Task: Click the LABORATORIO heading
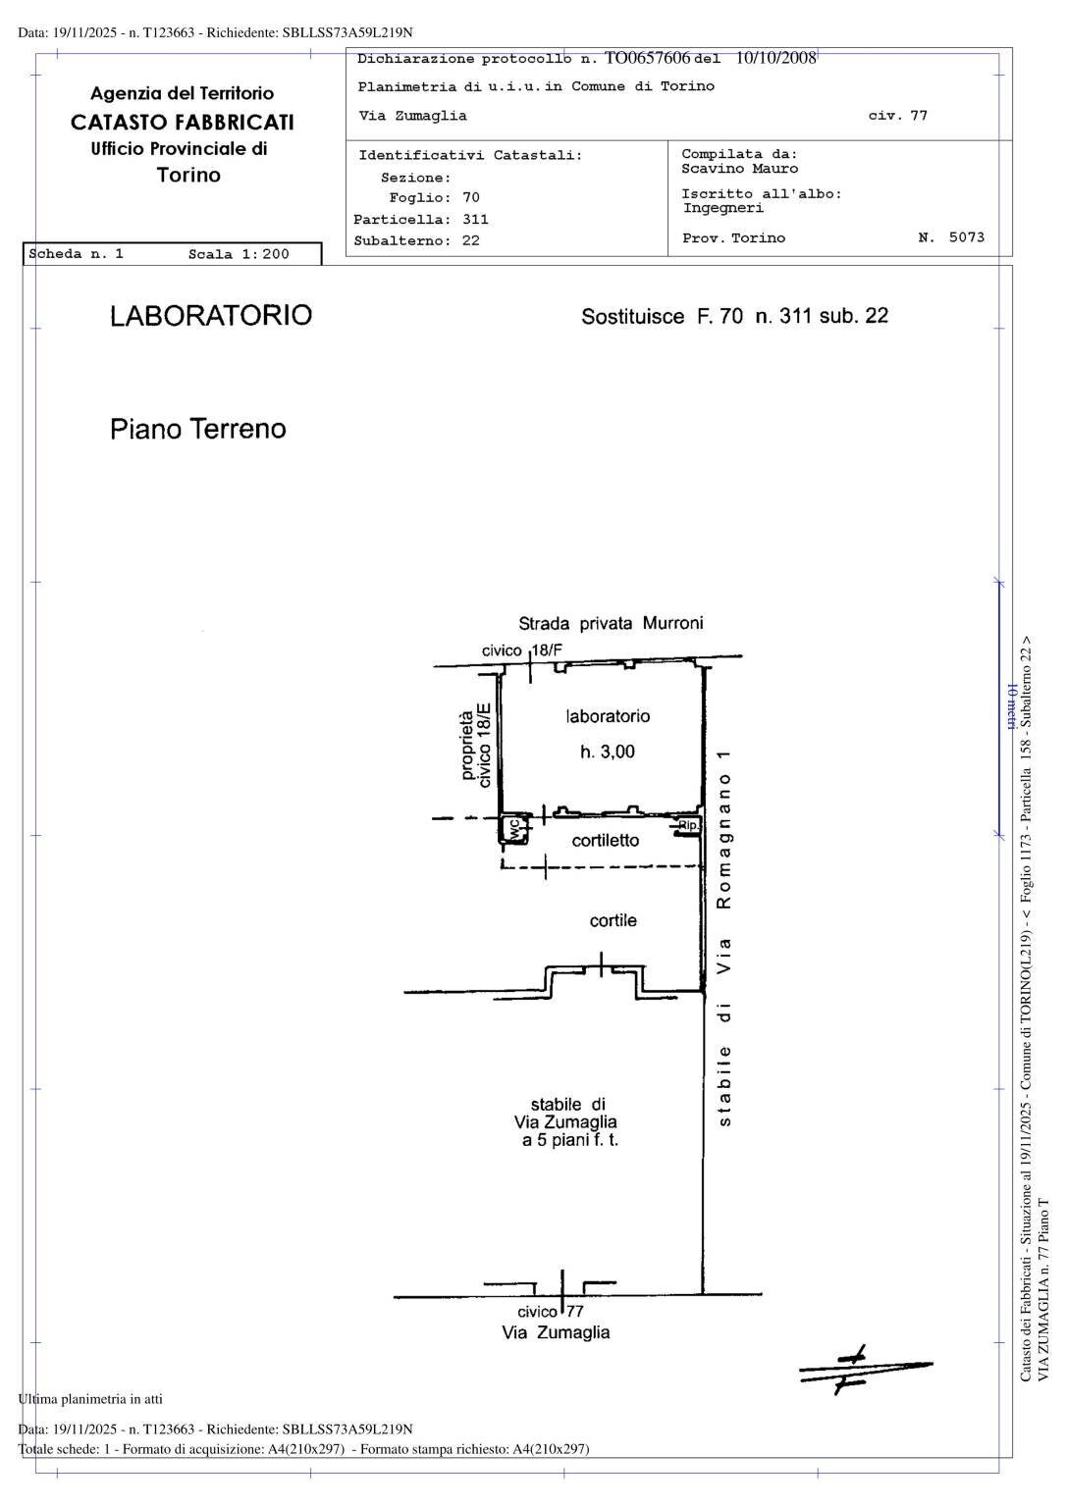(211, 316)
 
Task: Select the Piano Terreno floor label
(197, 430)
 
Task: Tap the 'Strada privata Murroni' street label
(611, 623)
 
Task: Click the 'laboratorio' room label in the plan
(608, 717)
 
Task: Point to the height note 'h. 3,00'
(607, 753)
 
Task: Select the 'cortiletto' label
(605, 841)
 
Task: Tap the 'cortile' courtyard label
(613, 921)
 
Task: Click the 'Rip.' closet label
(688, 826)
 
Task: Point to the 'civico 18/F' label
(522, 650)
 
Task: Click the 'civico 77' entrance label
(551, 1312)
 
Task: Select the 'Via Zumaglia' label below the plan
(556, 1332)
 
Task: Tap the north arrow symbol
(864, 1369)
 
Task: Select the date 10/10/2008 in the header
(775, 58)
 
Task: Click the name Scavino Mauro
(726, 169)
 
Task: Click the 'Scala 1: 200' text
(239, 254)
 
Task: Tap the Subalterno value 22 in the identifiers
(470, 241)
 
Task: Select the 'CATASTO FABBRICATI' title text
(183, 123)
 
